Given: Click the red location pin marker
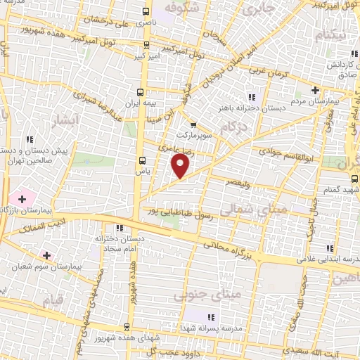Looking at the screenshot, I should pos(181,165).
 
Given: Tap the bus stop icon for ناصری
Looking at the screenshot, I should pos(146,11).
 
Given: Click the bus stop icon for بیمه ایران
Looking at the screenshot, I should pos(141,92).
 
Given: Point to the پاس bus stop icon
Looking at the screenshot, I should pos(141,160).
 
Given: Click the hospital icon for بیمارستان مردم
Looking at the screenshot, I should pos(316,90).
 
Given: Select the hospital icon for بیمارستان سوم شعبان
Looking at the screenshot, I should pos(46,255).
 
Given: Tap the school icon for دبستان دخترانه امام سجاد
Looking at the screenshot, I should pos(119,228).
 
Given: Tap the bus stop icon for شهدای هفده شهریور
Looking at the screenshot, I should pos(127,326).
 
